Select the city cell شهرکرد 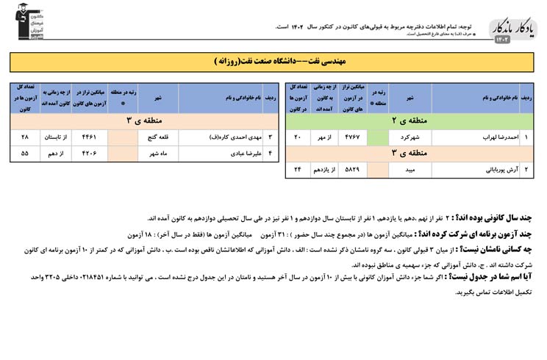tap(410, 137)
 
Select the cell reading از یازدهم tap(323, 170)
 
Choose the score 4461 tap(89, 137)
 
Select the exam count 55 tap(25, 154)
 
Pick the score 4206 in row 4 tap(89, 154)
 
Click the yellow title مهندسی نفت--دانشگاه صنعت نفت tap(273, 62)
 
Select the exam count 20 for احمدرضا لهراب tap(298, 137)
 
